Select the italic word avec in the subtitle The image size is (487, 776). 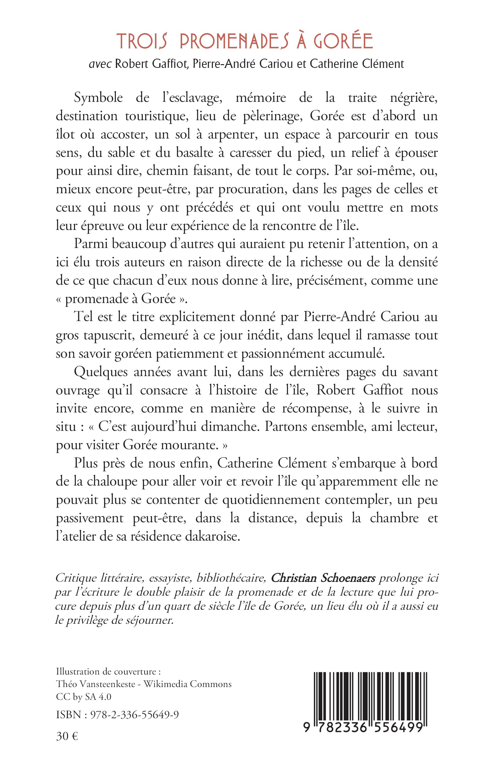pos(100,64)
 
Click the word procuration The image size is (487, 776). pos(253,189)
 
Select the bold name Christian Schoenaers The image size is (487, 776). pos(323,578)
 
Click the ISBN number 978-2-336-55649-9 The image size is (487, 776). pos(135,715)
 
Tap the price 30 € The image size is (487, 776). pos(67,736)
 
